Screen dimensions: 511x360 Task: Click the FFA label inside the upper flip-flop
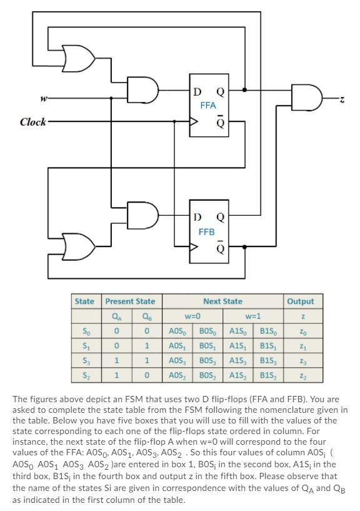pos(207,106)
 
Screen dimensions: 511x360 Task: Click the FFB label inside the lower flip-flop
pos(206,231)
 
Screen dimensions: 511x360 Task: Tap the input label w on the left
pos(44,98)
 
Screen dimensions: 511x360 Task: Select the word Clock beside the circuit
pos(32,122)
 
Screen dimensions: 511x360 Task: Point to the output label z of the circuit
pos(342,98)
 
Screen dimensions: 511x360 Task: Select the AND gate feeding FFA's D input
pos(142,90)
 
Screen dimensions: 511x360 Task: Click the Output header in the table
pos(300,301)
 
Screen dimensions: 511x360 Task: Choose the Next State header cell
pos(222,301)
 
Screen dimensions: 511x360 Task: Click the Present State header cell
pos(130,301)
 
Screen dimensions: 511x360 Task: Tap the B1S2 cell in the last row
pos(269,375)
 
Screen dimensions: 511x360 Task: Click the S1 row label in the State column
pos(86,345)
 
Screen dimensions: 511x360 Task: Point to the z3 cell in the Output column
pos(302,360)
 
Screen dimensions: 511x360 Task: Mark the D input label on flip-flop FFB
pos(197,218)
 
